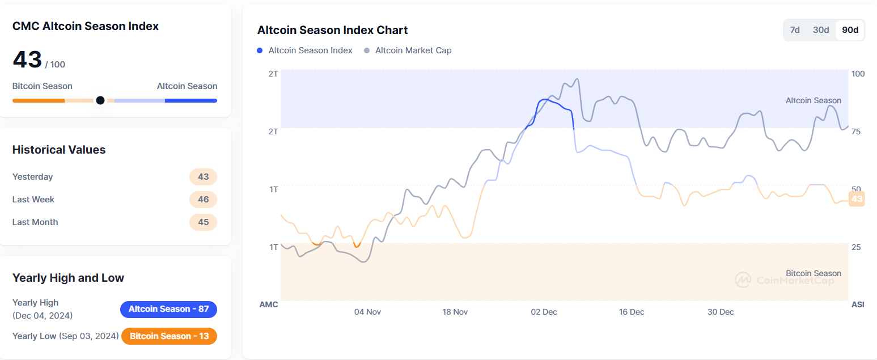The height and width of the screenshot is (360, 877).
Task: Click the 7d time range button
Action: [x=795, y=30]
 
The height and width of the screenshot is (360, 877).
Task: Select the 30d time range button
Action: [x=821, y=30]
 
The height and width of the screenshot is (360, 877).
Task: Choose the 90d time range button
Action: [x=850, y=30]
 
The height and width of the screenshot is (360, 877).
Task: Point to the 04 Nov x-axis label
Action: [x=367, y=312]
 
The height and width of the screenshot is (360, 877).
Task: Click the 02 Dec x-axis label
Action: [x=544, y=312]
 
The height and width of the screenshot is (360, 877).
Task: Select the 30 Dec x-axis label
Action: [x=721, y=312]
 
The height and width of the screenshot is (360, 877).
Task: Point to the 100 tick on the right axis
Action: [x=858, y=74]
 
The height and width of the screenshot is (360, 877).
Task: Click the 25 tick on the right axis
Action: [x=856, y=247]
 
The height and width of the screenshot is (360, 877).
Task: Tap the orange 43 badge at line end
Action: [x=857, y=199]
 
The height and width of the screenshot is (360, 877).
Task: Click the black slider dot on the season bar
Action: [x=100, y=100]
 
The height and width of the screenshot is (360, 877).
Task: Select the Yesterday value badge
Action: [x=203, y=177]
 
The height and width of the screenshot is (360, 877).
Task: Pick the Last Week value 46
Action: [x=203, y=200]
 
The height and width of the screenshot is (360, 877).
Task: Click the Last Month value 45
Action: [x=203, y=222]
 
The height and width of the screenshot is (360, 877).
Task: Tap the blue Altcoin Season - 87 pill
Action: [x=168, y=309]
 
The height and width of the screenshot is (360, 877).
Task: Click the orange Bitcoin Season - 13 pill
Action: [x=169, y=336]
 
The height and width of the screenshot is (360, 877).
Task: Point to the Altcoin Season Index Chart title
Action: [x=332, y=30]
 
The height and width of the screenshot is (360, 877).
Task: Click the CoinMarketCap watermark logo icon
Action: [x=743, y=279]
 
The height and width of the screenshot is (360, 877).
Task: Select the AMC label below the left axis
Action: [x=269, y=304]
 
